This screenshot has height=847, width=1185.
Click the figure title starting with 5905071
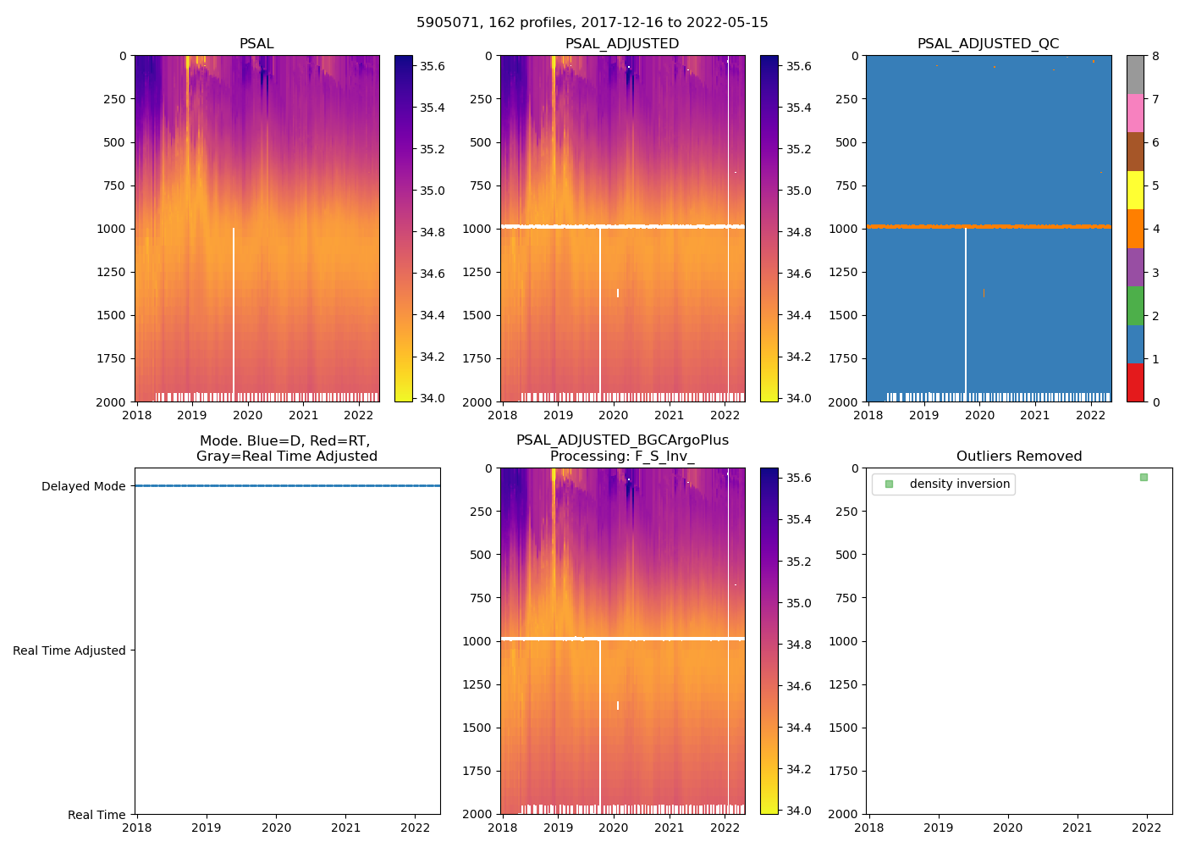592,23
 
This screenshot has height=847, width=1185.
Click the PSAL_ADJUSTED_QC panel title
988,44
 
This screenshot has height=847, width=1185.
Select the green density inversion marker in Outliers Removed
1144,478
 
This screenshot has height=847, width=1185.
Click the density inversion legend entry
959,484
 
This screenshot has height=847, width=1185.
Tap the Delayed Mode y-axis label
83,486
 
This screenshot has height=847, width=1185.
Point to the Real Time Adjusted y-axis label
69,650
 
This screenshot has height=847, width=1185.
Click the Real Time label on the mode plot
96,815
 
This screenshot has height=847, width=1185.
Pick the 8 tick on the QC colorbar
1155,56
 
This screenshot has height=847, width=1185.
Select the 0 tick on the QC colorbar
1155,401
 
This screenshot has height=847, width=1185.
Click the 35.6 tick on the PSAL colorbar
433,66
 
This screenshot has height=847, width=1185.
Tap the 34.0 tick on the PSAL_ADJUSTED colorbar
799,398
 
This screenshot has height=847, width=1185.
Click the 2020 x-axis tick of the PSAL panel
248,415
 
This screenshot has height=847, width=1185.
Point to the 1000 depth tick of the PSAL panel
113,229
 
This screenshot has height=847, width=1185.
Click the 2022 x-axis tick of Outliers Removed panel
1147,828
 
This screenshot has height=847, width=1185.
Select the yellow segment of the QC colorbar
1135,191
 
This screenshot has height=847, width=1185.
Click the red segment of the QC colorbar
1135,383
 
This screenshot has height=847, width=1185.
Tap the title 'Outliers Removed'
1019,457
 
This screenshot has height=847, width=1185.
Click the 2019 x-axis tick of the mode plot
207,828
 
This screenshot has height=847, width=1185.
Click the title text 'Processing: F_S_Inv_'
622,457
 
